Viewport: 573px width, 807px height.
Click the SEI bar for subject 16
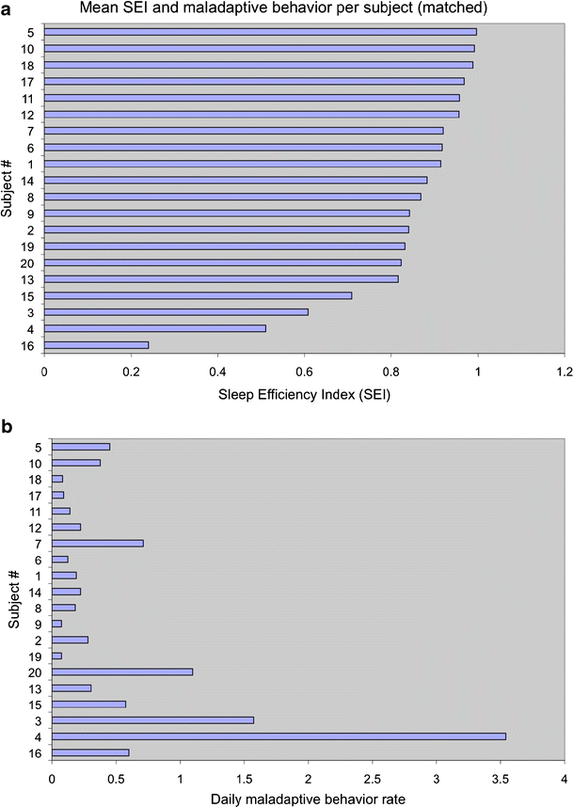pyautogui.click(x=96, y=345)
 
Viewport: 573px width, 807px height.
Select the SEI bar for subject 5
pyautogui.click(x=260, y=31)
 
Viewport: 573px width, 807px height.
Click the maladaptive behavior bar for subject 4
pyautogui.click(x=279, y=736)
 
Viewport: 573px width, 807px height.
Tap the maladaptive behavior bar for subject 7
pyautogui.click(x=98, y=543)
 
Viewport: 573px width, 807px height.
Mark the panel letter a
pyautogui.click(x=8, y=8)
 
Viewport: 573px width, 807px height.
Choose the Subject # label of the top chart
pyautogui.click(x=8, y=188)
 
